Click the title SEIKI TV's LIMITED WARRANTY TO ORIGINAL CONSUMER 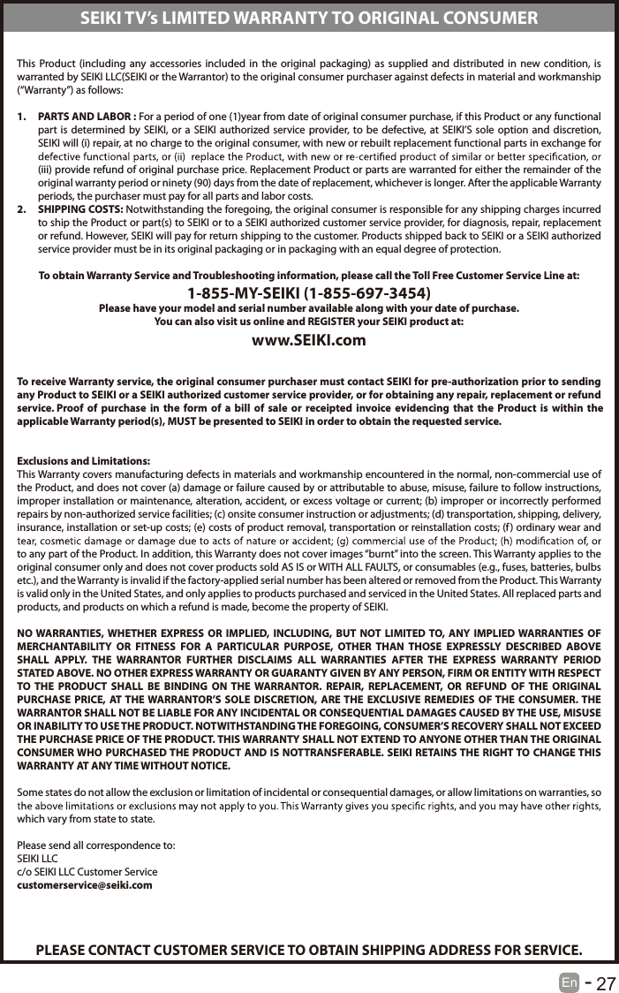pyautogui.click(x=309, y=18)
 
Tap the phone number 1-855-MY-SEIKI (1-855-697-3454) pyautogui.click(x=309, y=292)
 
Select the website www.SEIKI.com pyautogui.click(x=309, y=339)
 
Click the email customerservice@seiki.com pyautogui.click(x=85, y=884)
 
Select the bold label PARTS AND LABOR pyautogui.click(x=87, y=117)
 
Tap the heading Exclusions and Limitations pyautogui.click(x=84, y=462)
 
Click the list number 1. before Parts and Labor pyautogui.click(x=24, y=117)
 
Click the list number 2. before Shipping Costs pyautogui.click(x=24, y=208)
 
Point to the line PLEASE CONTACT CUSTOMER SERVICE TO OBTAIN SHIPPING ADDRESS pyautogui.click(x=309, y=950)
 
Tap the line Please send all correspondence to pyautogui.click(x=96, y=845)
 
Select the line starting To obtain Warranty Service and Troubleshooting pyautogui.click(x=309, y=276)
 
